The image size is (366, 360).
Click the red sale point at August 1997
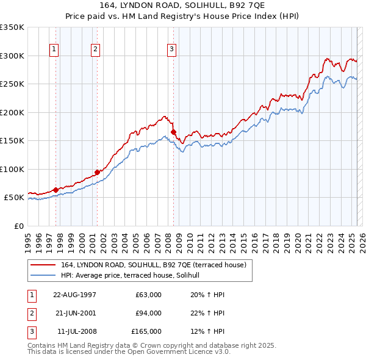click(56, 190)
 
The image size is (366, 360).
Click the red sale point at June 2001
click(97, 172)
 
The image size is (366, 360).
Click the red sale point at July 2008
click(173, 132)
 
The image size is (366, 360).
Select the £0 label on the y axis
click(18, 226)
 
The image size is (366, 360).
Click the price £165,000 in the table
click(146, 331)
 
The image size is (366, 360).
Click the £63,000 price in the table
click(148, 295)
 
